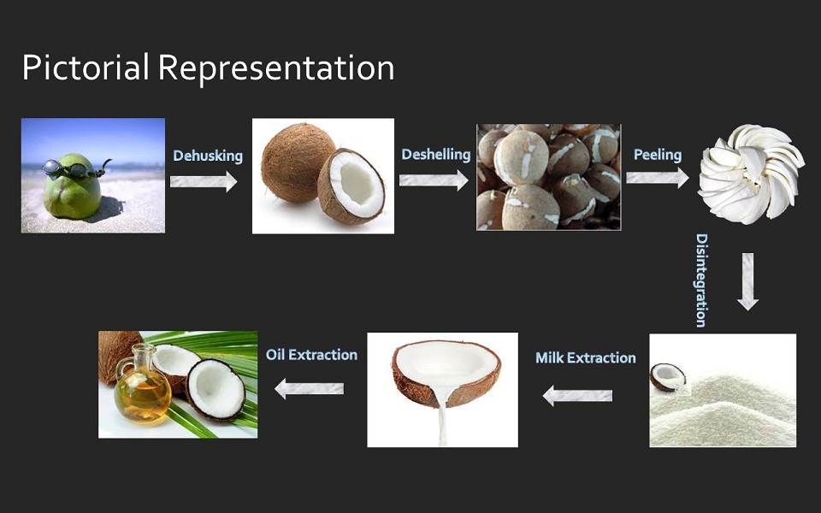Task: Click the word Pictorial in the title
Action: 86,68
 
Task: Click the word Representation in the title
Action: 276,68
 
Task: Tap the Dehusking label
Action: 208,156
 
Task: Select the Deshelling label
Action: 436,155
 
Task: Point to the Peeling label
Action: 658,155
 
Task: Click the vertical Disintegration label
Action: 701,280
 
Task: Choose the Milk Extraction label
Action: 585,358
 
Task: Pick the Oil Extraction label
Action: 311,355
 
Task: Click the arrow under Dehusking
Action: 204,181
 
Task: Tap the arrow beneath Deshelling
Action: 434,180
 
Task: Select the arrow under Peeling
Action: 658,178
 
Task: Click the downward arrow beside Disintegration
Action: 747,281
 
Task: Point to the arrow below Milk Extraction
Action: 577,396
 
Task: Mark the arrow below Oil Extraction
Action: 309,388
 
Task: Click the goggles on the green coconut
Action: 76,169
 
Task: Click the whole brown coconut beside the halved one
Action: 298,162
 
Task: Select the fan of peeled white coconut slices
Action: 751,173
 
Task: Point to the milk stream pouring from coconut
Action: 442,418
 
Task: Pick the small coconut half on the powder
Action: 668,377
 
